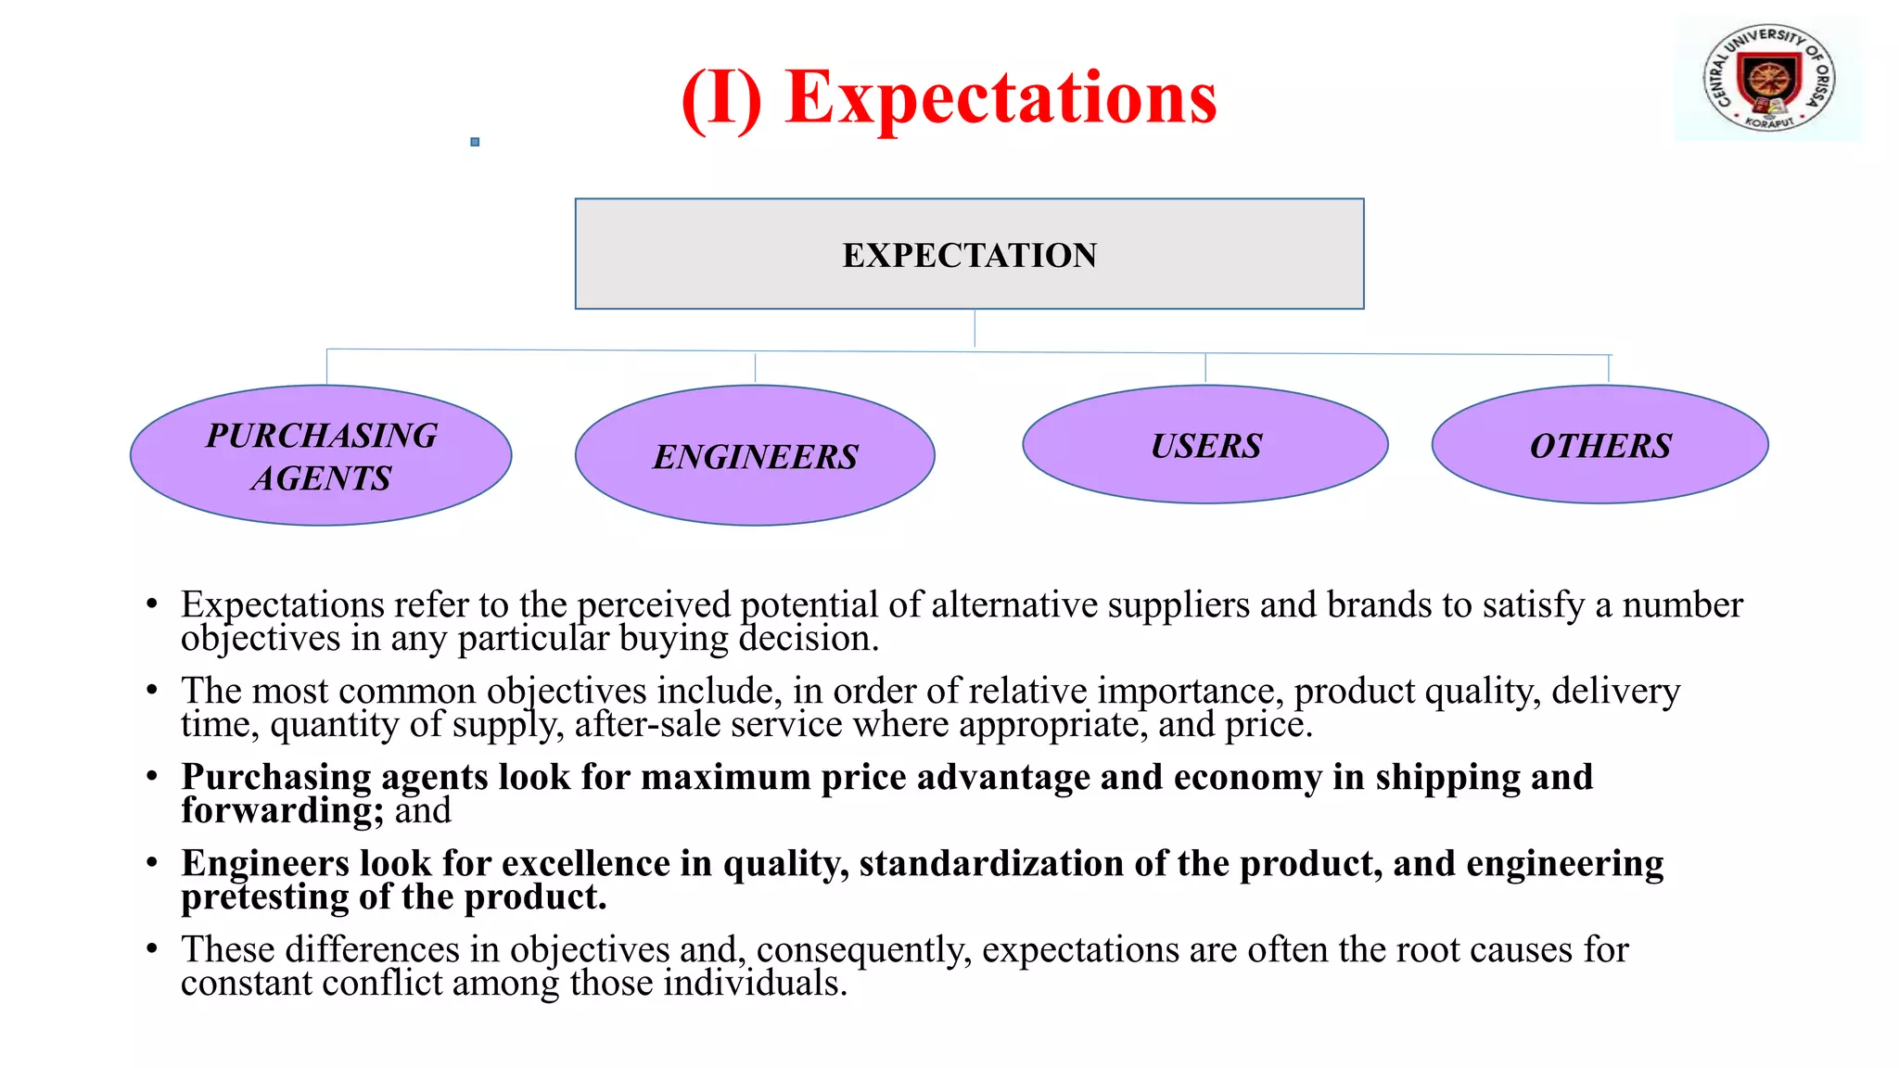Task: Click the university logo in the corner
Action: pos(1768,79)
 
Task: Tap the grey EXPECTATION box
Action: pos(969,254)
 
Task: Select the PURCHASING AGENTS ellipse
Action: pos(321,456)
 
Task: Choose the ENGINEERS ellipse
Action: pos(755,456)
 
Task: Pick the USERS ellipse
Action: pos(1204,446)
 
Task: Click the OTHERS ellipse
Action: pos(1599,446)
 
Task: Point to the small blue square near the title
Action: pos(475,142)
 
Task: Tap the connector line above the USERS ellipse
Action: pos(1205,368)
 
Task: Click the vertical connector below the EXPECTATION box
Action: pos(975,328)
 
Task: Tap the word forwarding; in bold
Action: pos(282,811)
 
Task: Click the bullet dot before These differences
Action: pos(152,948)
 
